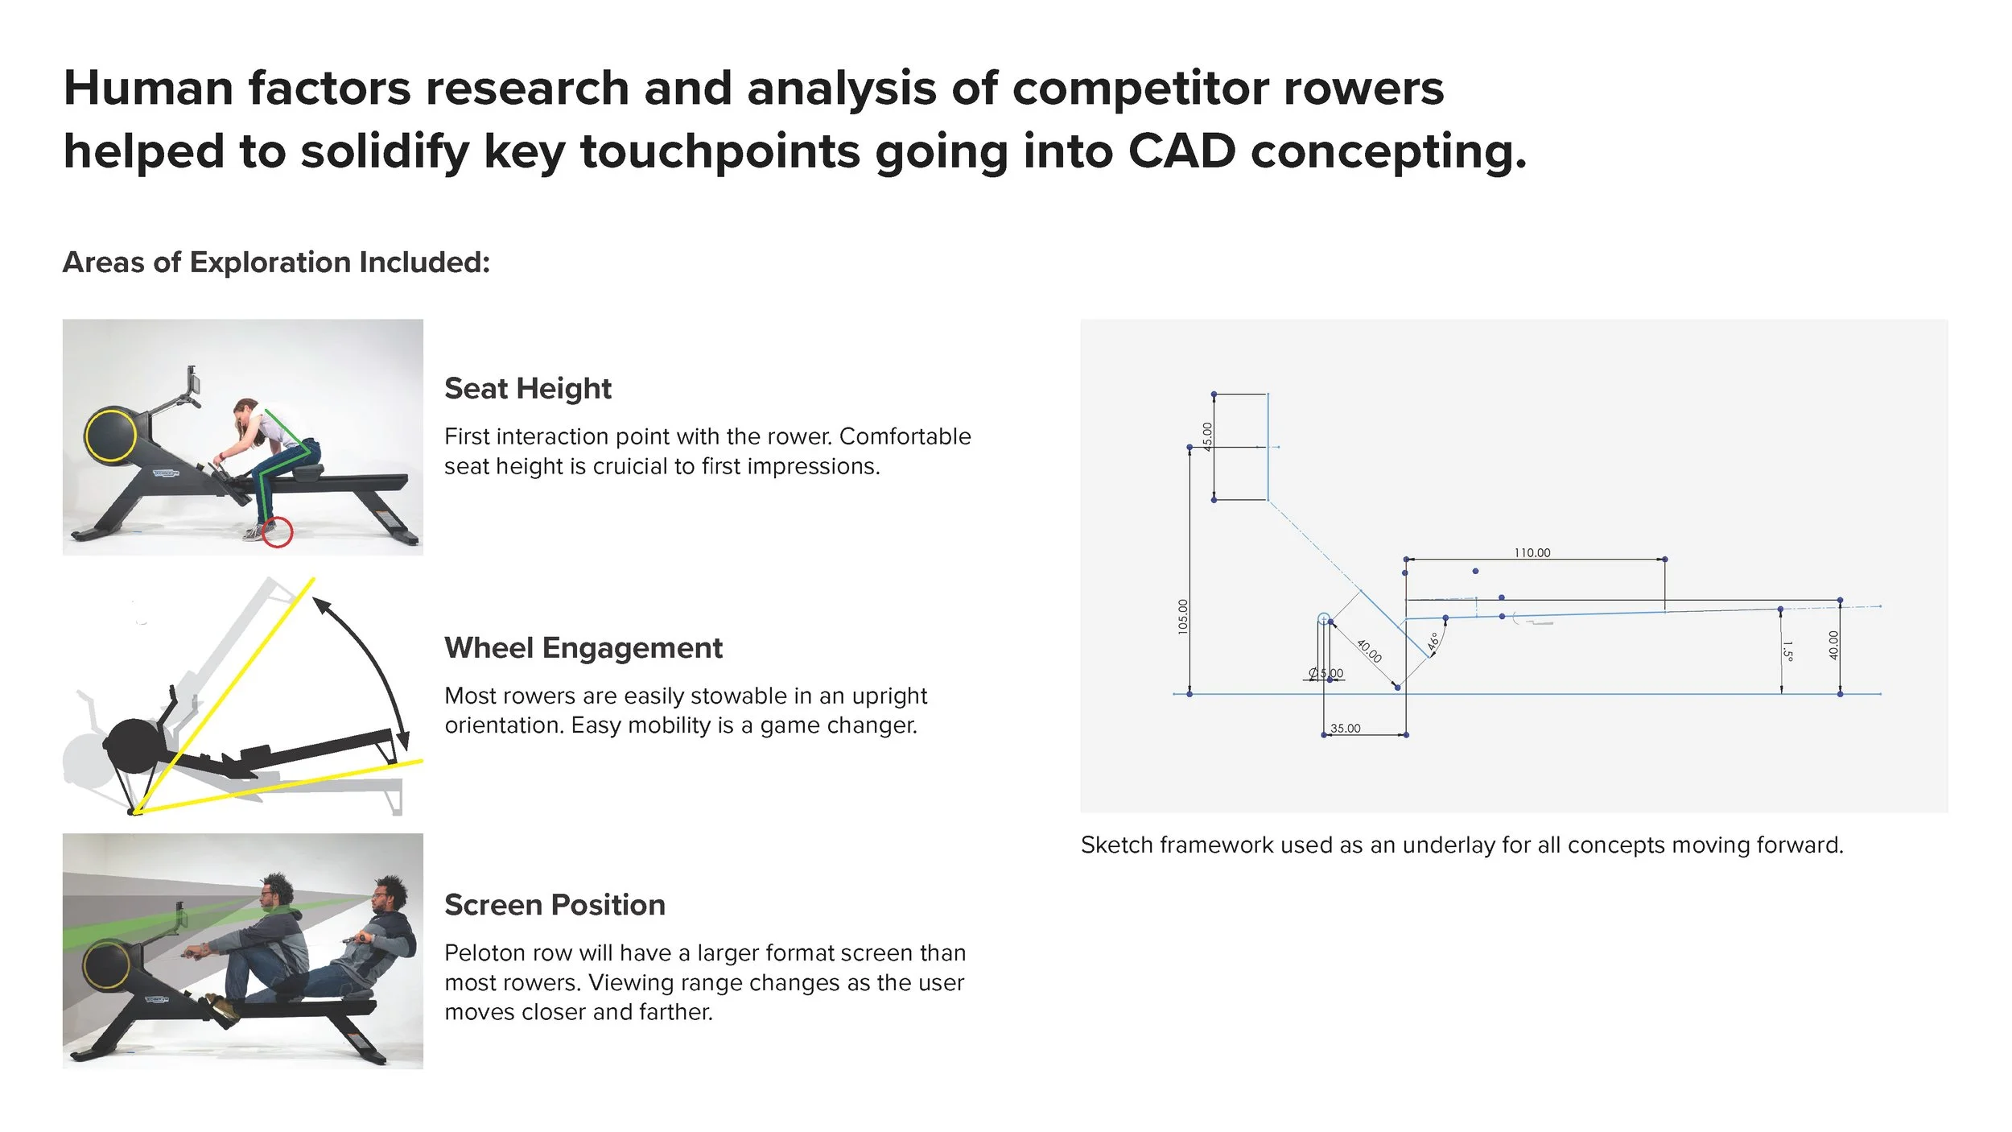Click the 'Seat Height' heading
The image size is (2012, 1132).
tap(527, 389)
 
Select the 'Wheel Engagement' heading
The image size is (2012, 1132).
tap(583, 648)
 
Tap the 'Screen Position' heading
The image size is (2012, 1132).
tap(555, 905)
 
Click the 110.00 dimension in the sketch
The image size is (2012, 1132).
tap(1532, 552)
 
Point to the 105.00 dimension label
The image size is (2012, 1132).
tap(1182, 617)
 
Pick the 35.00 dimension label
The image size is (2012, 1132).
tap(1345, 729)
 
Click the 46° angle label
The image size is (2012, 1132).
tap(1433, 642)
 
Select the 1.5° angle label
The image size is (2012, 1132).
tap(1787, 651)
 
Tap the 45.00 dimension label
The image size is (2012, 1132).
tap(1207, 436)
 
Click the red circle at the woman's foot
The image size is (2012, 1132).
tap(278, 533)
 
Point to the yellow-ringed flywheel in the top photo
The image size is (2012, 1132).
tap(111, 435)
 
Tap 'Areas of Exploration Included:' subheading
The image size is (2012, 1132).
tap(276, 262)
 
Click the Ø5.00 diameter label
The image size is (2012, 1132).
tap(1326, 673)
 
